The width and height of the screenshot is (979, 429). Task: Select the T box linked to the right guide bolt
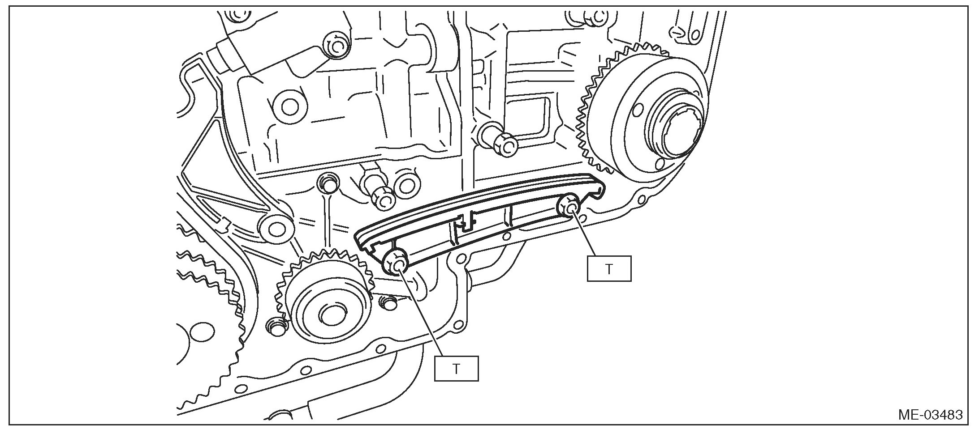[609, 268]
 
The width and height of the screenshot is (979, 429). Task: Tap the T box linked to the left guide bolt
[456, 368]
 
